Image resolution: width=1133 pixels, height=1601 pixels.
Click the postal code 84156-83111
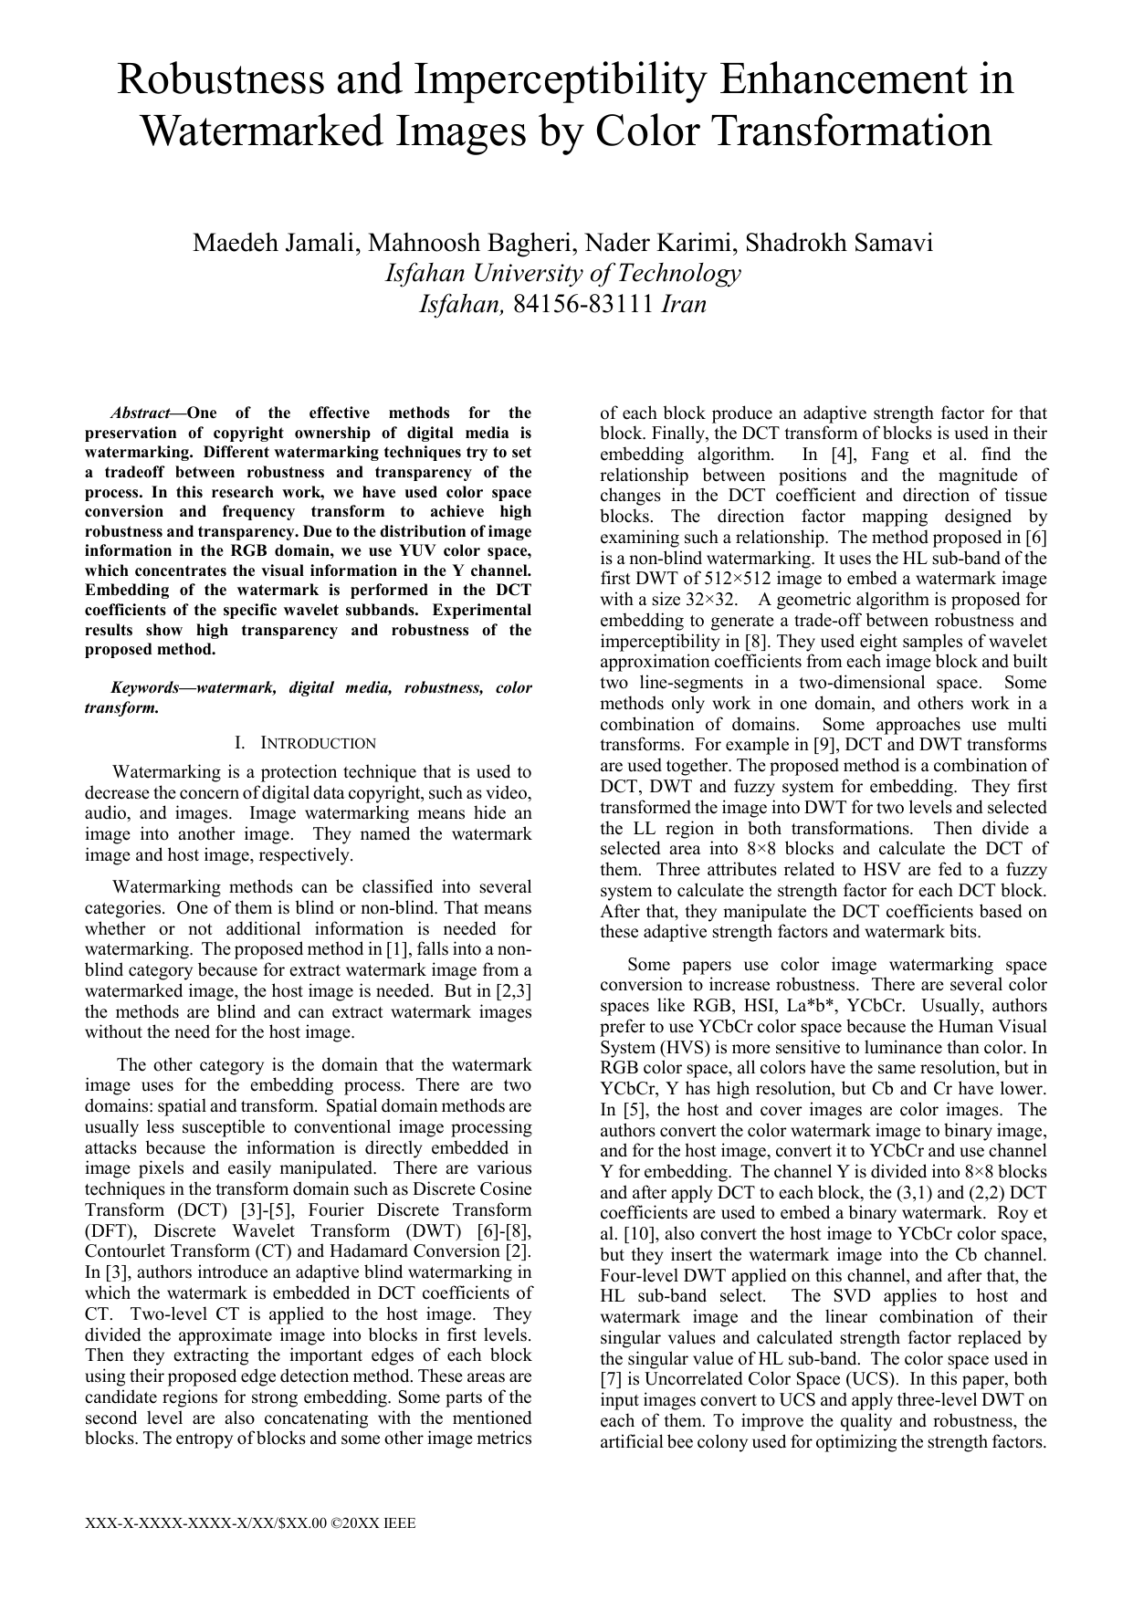point(584,304)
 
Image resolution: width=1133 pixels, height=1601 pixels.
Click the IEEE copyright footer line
point(250,1523)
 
